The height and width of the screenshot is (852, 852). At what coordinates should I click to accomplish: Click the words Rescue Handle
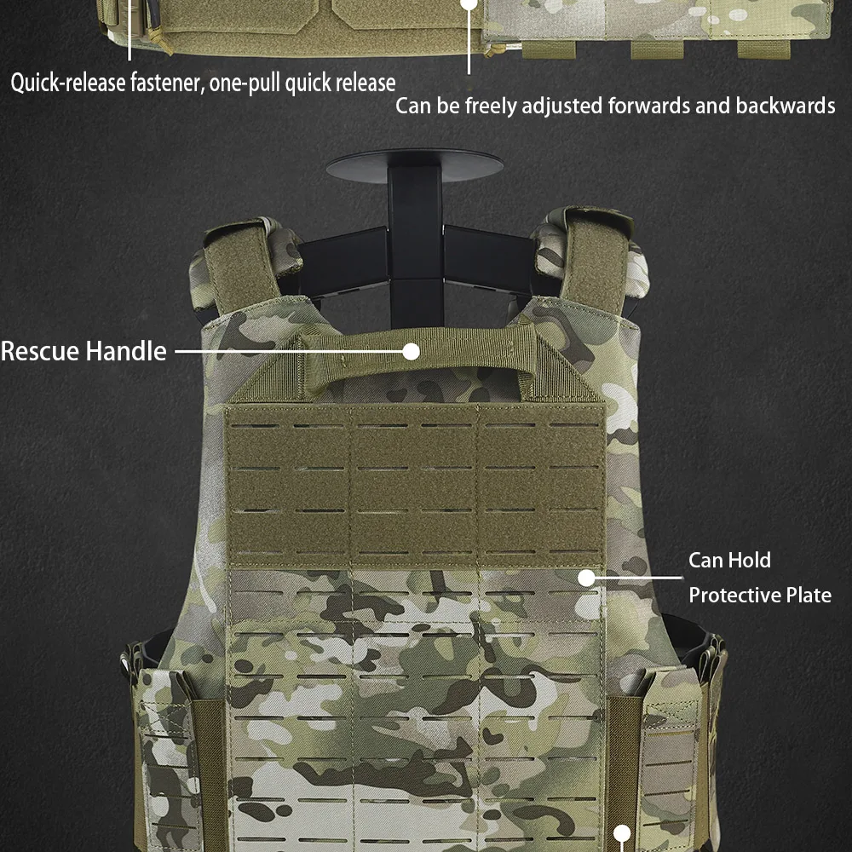pyautogui.click(x=83, y=351)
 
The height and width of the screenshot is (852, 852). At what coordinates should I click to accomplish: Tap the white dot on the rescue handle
pyautogui.click(x=412, y=352)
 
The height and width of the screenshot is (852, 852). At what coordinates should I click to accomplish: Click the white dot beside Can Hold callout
pyautogui.click(x=586, y=578)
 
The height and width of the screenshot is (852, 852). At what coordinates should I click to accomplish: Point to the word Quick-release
pyautogui.click(x=68, y=83)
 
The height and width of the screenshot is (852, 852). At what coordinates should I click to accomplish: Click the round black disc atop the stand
pyautogui.click(x=415, y=166)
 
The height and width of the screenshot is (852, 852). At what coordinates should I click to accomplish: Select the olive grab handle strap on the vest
pyautogui.click(x=418, y=356)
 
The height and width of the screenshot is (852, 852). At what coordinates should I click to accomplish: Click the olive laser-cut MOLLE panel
pyautogui.click(x=416, y=486)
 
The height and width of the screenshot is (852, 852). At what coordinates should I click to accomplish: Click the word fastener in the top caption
pyautogui.click(x=166, y=83)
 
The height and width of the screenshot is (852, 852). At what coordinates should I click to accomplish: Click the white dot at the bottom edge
pyautogui.click(x=622, y=833)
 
